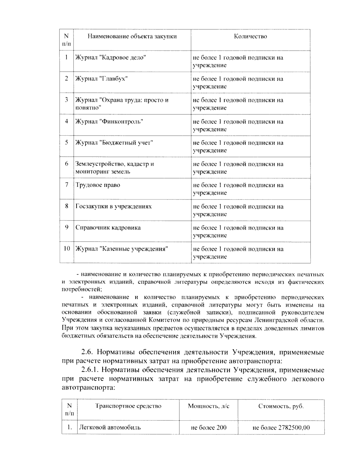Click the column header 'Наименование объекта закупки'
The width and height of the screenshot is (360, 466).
(x=132, y=37)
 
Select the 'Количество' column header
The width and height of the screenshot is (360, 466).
(x=250, y=37)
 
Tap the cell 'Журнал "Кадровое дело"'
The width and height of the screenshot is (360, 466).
(x=110, y=58)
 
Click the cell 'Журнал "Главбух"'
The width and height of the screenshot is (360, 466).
(x=101, y=79)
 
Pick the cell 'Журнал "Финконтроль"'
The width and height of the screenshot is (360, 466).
(x=109, y=122)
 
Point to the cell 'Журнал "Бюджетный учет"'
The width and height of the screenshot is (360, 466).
(x=114, y=143)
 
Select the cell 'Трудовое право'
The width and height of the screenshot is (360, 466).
(x=98, y=185)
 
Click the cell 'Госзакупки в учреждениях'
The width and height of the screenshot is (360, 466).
(x=113, y=206)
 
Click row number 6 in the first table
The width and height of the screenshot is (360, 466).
(x=67, y=164)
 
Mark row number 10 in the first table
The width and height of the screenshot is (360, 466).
(x=67, y=249)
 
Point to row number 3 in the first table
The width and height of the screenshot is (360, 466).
(x=67, y=100)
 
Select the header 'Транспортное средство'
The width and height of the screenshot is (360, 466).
(x=128, y=406)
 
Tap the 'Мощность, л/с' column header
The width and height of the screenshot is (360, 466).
(x=208, y=406)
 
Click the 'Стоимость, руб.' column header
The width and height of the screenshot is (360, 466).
(x=281, y=407)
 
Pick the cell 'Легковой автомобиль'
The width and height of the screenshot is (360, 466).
(x=109, y=428)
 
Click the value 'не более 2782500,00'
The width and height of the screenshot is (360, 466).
(x=281, y=428)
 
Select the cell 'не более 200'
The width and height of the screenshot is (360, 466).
(x=208, y=428)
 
